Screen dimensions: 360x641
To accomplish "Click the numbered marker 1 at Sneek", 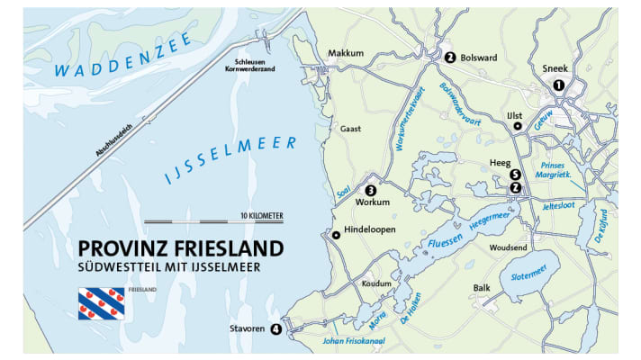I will click(x=558, y=85).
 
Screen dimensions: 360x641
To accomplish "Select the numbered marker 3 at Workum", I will click(x=370, y=190).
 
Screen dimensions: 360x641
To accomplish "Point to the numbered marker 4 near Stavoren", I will click(x=275, y=329).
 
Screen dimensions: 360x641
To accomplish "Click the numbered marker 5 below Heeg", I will click(x=515, y=175).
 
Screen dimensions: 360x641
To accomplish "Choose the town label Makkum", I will click(x=346, y=53).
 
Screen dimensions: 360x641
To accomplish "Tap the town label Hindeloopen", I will click(x=370, y=235).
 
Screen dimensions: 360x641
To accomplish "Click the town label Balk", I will click(x=483, y=289).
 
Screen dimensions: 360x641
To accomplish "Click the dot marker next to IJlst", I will click(x=518, y=127).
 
